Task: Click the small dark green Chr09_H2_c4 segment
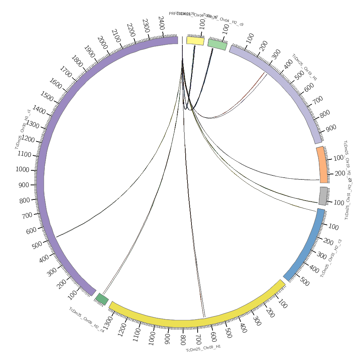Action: click(x=102, y=299)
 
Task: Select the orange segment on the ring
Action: click(x=321, y=165)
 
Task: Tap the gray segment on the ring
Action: click(x=323, y=196)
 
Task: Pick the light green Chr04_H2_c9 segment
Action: click(x=217, y=44)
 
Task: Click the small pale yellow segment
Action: click(x=195, y=40)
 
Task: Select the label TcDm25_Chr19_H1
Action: click(x=304, y=67)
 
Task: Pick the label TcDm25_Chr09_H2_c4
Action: click(x=87, y=320)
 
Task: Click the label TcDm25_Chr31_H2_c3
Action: click(x=331, y=258)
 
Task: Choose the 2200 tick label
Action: click(x=131, y=29)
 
